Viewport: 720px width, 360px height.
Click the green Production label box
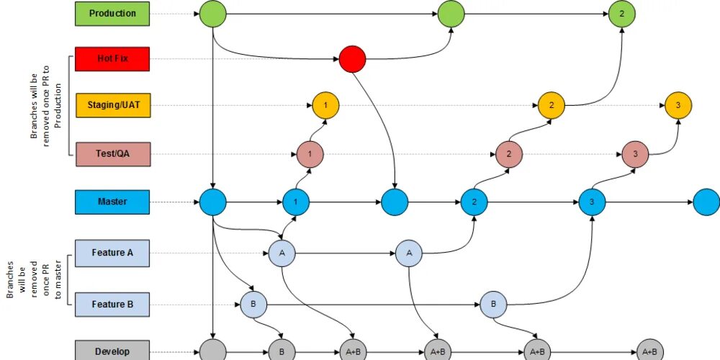pyautogui.click(x=112, y=13)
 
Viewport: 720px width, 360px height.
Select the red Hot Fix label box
pyautogui.click(x=112, y=59)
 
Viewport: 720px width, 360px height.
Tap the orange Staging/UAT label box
pyautogui.click(x=112, y=105)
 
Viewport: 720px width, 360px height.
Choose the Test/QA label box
pyautogui.click(x=112, y=153)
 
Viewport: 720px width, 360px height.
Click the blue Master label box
pyautogui.click(x=112, y=202)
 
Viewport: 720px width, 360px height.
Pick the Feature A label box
pyautogui.click(x=112, y=253)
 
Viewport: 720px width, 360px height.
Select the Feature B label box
pyautogui.click(x=112, y=305)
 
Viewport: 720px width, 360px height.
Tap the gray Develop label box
pyautogui.click(x=112, y=351)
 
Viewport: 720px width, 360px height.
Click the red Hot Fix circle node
pyautogui.click(x=353, y=59)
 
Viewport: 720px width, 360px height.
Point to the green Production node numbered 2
pyautogui.click(x=622, y=14)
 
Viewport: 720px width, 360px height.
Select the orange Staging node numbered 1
pyautogui.click(x=325, y=106)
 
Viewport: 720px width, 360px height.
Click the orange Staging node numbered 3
pyautogui.click(x=678, y=106)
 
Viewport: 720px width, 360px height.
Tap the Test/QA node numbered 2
pyautogui.click(x=508, y=153)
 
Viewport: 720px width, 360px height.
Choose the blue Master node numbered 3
pyautogui.click(x=592, y=202)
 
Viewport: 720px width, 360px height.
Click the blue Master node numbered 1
pyautogui.click(x=296, y=202)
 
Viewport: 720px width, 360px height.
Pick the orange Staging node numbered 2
pyautogui.click(x=552, y=106)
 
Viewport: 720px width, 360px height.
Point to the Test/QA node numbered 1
pyautogui.click(x=310, y=153)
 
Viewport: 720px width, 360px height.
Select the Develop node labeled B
pyautogui.click(x=282, y=351)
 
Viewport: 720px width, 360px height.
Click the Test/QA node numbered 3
pyautogui.click(x=635, y=153)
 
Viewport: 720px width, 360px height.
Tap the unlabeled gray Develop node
pyautogui.click(x=212, y=351)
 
